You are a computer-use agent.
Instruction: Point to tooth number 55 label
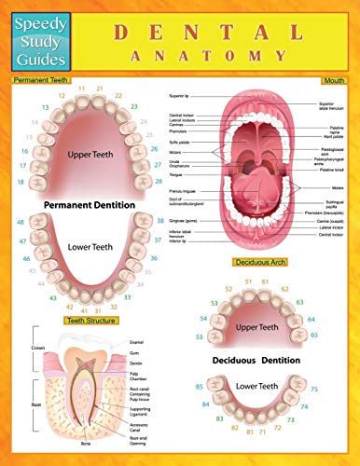pyautogui.click(x=201, y=336)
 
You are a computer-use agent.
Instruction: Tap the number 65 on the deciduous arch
pyautogui.click(x=340, y=333)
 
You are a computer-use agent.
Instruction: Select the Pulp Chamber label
pyautogui.click(x=139, y=375)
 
